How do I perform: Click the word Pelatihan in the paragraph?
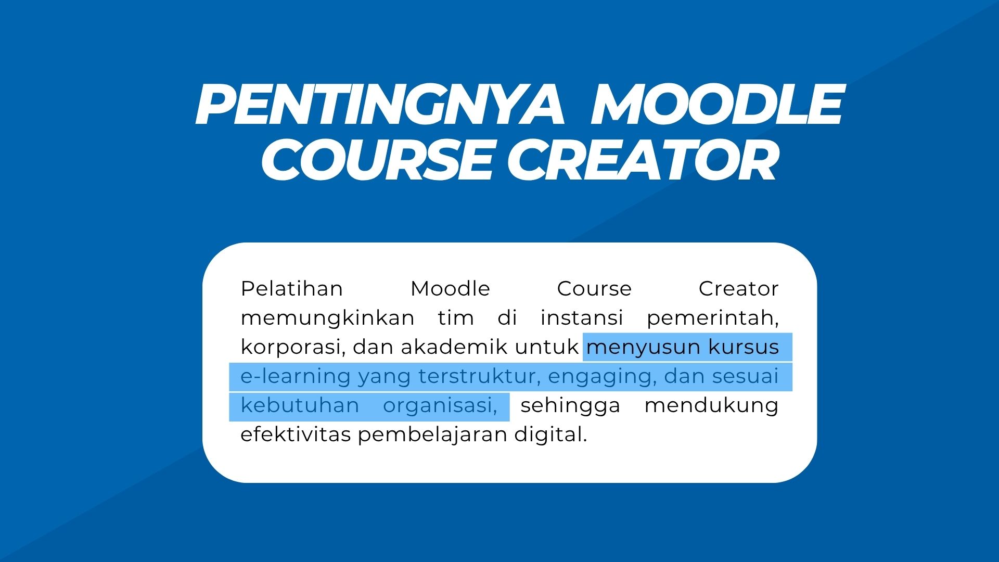tap(292, 288)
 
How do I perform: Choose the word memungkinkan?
tap(327, 317)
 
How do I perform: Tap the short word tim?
tap(456, 317)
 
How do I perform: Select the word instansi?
tap(582, 317)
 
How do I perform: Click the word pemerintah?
tap(712, 318)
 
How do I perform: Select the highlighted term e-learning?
tap(296, 376)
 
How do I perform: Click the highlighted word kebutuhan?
tap(300, 405)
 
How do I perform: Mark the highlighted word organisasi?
tap(440, 405)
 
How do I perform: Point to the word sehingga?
tap(571, 405)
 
